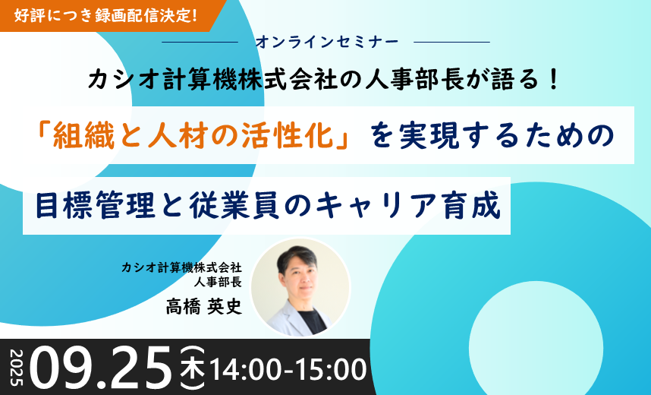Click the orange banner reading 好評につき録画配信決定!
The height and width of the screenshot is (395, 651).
[x=108, y=15]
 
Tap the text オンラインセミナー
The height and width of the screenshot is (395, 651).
[x=327, y=42]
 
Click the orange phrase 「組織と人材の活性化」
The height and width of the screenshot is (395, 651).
[x=193, y=137]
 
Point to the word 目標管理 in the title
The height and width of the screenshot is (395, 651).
[x=96, y=205]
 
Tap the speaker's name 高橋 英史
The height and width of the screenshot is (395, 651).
[x=203, y=307]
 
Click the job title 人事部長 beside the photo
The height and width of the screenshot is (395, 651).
[x=218, y=282]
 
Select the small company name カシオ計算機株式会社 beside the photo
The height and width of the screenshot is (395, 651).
[x=181, y=267]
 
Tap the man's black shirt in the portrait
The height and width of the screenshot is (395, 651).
[x=312, y=321]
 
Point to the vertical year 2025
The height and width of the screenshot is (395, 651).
[x=17, y=368]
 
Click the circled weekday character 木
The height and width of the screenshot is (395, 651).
[x=193, y=368]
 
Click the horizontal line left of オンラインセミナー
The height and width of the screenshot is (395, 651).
[x=200, y=42]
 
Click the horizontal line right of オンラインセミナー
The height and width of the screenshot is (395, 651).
[x=452, y=42]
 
